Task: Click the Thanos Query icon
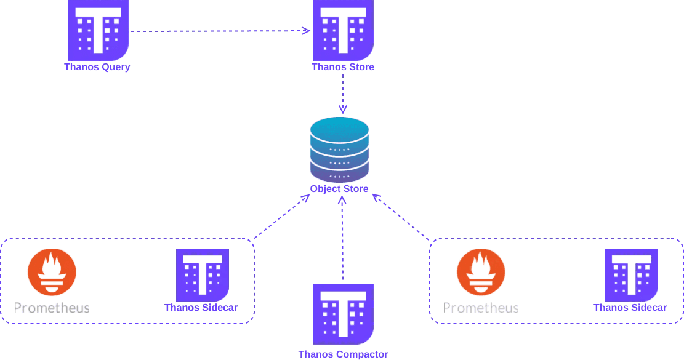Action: point(98,30)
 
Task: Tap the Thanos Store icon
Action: point(343,30)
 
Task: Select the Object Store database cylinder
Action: point(339,150)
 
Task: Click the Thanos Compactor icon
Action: point(343,314)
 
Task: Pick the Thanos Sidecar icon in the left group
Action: point(203,275)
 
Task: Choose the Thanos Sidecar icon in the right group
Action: point(632,275)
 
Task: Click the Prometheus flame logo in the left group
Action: point(52,273)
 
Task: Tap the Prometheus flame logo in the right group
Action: point(481,273)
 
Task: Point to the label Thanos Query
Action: point(97,67)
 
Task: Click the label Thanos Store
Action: point(343,67)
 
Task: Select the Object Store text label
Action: point(339,189)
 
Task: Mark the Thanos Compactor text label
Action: point(343,354)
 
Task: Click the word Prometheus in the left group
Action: point(52,308)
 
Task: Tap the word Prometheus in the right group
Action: point(481,308)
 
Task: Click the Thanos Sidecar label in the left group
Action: point(201,308)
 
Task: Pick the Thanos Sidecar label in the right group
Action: point(630,308)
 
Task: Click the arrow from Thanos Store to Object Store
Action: point(343,94)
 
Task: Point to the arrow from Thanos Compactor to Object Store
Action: point(342,238)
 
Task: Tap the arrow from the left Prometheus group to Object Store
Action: point(282,217)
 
